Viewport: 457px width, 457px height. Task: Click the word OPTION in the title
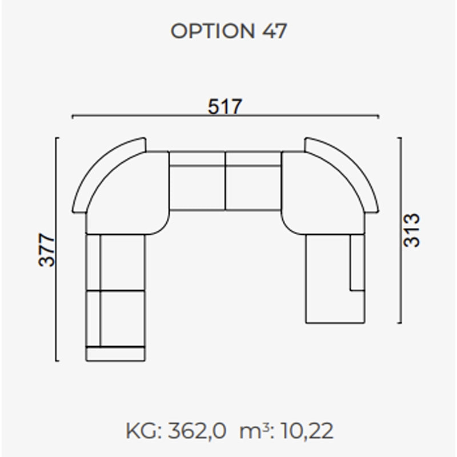[x=213, y=31]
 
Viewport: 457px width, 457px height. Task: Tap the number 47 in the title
[x=275, y=31]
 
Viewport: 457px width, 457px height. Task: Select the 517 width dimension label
[x=225, y=106]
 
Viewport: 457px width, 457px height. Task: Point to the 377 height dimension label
[x=46, y=250]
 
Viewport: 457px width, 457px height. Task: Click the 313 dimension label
[x=411, y=230]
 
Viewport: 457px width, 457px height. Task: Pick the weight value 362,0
[x=197, y=431]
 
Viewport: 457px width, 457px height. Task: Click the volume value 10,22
[x=307, y=431]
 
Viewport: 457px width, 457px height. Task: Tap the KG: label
[x=144, y=431]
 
